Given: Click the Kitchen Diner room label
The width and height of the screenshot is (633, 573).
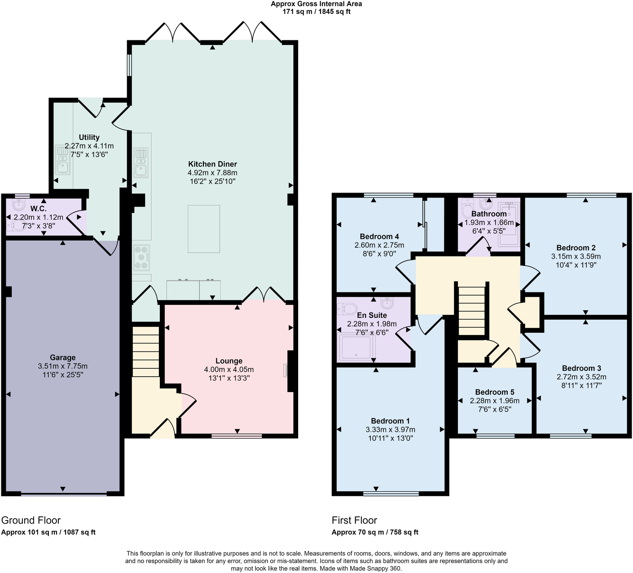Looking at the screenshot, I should pos(212,164).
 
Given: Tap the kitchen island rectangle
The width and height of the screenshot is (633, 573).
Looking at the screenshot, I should pos(204,229).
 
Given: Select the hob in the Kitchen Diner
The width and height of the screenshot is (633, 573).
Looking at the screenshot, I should pos(141,258).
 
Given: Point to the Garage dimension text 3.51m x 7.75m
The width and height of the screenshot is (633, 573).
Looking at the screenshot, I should pos(63,366).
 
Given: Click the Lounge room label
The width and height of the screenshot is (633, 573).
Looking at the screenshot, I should pos(229,361).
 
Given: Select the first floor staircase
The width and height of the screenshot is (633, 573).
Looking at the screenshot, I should pos(472,309).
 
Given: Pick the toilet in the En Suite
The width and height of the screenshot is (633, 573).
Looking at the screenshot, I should pos(346,308).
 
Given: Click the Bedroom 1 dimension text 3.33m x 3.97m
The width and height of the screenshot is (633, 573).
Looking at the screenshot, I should pos(390,430).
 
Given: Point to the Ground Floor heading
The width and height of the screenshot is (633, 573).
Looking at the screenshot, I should pos(31,520).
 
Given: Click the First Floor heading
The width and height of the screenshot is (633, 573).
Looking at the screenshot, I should pos(354,520).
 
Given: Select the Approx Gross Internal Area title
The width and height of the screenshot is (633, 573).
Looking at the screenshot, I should pos(316,4).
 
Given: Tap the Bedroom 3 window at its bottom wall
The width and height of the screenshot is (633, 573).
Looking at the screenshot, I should pos(571,435).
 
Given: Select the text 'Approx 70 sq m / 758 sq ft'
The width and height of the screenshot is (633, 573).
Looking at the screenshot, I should pos(375,533).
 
